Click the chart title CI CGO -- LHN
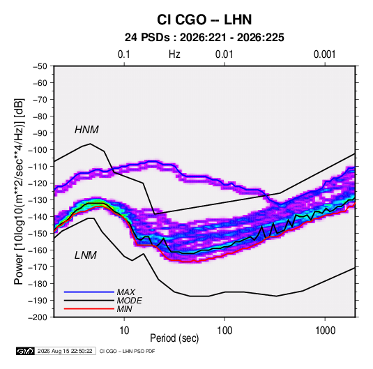pyautogui.click(x=204, y=20)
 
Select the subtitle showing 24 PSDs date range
pyautogui.click(x=204, y=38)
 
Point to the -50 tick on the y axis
pyautogui.click(x=40, y=66)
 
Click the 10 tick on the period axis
pyautogui.click(x=124, y=331)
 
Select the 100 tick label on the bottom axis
pyautogui.click(x=224, y=331)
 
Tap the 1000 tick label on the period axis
pyautogui.click(x=325, y=331)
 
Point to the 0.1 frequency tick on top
pyautogui.click(x=124, y=54)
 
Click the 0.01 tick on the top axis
pyautogui.click(x=224, y=54)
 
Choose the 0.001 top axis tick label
pyautogui.click(x=324, y=54)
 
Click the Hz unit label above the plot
pyautogui.click(x=174, y=54)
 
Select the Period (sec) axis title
pyautogui.click(x=174, y=338)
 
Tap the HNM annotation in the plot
pyautogui.click(x=86, y=130)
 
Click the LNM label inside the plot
pyautogui.click(x=86, y=255)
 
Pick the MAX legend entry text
pyautogui.click(x=126, y=292)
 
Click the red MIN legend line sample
pyautogui.click(x=89, y=309)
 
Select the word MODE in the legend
pyautogui.click(x=130, y=301)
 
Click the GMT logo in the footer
pyautogui.click(x=25, y=351)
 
